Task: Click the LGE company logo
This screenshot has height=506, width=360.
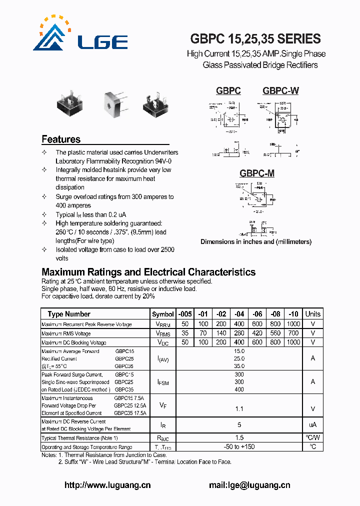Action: [80, 35]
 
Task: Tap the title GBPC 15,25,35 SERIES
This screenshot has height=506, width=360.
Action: [255, 39]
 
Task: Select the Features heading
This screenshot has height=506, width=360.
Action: [61, 139]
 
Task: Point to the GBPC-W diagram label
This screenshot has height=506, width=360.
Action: [280, 90]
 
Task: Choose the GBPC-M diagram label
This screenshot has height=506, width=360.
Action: [256, 173]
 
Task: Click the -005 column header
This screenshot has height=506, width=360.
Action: [185, 314]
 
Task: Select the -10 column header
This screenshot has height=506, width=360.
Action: [293, 314]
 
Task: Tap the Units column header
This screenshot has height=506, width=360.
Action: [313, 314]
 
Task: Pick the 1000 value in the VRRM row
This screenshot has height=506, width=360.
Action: [293, 324]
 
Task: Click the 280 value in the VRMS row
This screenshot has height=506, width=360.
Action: [239, 333]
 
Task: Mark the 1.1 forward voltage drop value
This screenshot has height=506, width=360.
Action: [239, 408]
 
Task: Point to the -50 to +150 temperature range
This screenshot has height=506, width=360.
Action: [239, 446]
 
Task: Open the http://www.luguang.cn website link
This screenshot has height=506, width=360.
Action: [107, 485]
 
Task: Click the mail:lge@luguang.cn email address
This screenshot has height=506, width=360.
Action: [249, 485]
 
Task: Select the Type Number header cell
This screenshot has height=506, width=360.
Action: [69, 314]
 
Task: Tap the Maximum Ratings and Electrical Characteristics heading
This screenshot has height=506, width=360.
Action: [148, 272]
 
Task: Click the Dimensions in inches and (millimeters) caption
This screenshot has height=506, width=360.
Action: [256, 242]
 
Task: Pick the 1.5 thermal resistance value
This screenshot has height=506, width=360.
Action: [239, 438]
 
